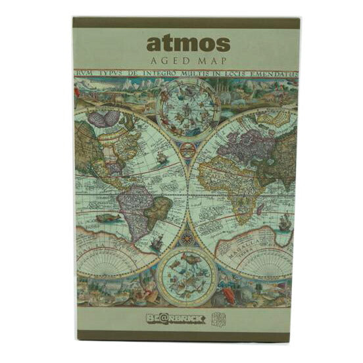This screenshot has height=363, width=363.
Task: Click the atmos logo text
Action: point(187,43)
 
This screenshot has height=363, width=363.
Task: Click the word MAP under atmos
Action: point(212,61)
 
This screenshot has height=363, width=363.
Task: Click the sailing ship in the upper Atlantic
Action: point(160,158)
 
